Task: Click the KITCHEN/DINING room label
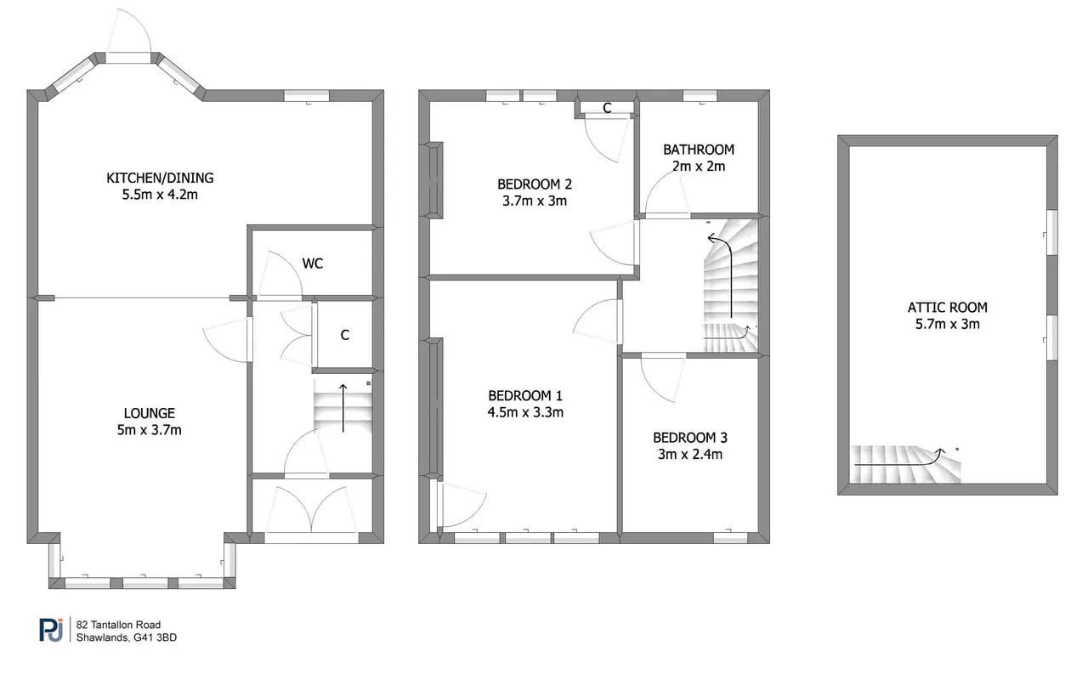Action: (x=160, y=178)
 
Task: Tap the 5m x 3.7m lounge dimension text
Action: (x=149, y=430)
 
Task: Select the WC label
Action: (x=312, y=263)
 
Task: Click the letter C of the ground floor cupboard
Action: (x=345, y=335)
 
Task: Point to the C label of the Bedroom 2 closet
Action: (x=607, y=108)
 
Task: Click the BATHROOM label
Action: (x=699, y=150)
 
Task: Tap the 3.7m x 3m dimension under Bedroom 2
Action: (x=535, y=201)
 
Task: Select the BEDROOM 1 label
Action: (x=525, y=396)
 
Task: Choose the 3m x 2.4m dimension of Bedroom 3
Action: (x=689, y=454)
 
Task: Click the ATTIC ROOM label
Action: (x=947, y=308)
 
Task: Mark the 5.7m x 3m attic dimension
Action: (x=947, y=324)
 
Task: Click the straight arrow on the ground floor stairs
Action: (x=343, y=408)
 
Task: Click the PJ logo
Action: (x=51, y=630)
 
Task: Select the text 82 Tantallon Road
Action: (x=118, y=625)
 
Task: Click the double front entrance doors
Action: (x=311, y=509)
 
